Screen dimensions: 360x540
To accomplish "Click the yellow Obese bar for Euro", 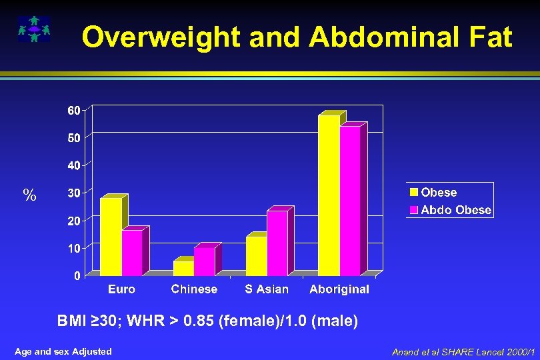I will pyautogui.click(x=111, y=237).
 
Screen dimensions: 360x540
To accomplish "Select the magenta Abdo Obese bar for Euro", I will pyautogui.click(x=132, y=253).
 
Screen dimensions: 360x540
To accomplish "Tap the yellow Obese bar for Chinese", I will pyautogui.click(x=183, y=268).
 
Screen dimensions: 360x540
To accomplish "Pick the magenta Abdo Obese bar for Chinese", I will pyautogui.click(x=205, y=261).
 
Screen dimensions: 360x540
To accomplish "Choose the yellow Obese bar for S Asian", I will pyautogui.click(x=256, y=256).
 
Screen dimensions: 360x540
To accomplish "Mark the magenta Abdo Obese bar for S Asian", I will pyautogui.click(x=277, y=243).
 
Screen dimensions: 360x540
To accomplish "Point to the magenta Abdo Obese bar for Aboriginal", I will pyautogui.click(x=350, y=201).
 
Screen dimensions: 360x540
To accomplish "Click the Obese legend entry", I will pyautogui.click(x=433, y=193).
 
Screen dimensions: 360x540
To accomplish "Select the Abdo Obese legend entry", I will pyautogui.click(x=451, y=210).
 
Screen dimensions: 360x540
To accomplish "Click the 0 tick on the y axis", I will pyautogui.click(x=77, y=275).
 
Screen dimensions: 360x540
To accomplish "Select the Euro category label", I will pyautogui.click(x=121, y=289).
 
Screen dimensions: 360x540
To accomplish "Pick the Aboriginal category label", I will pyautogui.click(x=339, y=289).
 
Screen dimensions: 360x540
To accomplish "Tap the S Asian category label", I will pyautogui.click(x=267, y=289).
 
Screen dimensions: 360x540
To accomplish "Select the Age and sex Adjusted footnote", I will pyautogui.click(x=63, y=351).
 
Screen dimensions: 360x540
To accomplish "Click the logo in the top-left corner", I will pyautogui.click(x=33, y=29).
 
